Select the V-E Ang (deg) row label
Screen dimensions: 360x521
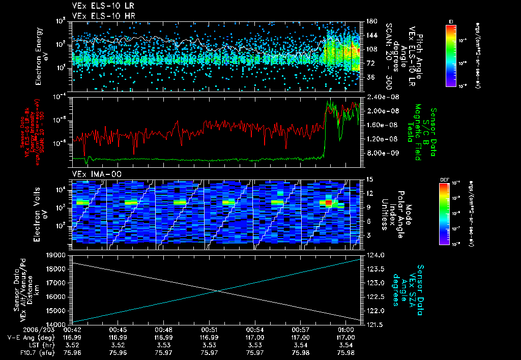coord(25,337)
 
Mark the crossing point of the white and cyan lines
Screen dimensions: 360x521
coord(218,290)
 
